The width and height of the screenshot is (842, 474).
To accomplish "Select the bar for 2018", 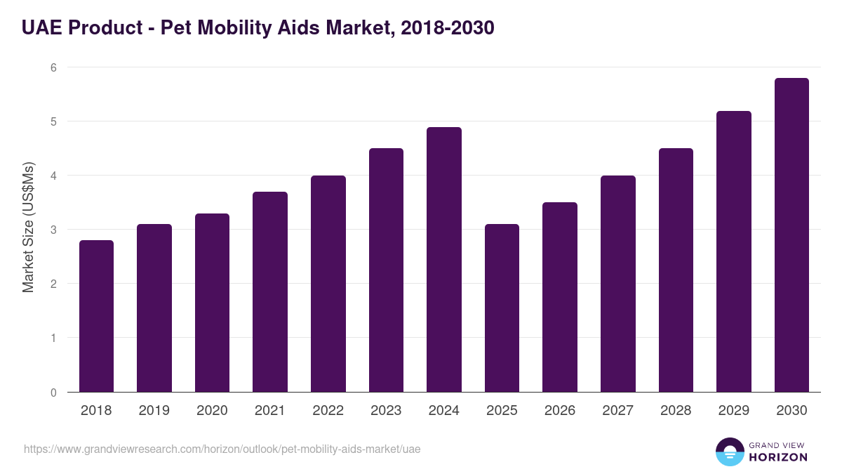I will (x=96, y=316).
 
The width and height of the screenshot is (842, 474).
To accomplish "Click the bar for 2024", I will (x=444, y=260).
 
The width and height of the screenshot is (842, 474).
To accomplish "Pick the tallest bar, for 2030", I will (x=791, y=235).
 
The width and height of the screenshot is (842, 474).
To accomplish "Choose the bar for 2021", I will (x=270, y=291).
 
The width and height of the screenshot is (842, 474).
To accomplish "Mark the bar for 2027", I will (x=618, y=284).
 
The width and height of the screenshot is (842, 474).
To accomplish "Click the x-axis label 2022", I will (x=328, y=411).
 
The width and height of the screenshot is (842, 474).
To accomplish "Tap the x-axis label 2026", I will (x=560, y=411).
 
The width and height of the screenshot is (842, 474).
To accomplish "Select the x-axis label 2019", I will (x=154, y=411).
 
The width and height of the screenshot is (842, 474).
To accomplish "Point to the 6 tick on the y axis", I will (x=53, y=67).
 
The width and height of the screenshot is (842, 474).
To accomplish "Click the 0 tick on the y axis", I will (x=53, y=393).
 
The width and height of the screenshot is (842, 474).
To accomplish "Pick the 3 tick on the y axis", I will (x=53, y=230).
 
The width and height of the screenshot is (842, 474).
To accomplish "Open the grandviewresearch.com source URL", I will (x=222, y=449).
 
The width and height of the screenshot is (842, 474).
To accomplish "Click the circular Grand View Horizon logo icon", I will (x=730, y=452).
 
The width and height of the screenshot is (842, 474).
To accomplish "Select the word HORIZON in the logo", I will (x=778, y=457).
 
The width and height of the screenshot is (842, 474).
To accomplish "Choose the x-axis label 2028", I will (x=676, y=411).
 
